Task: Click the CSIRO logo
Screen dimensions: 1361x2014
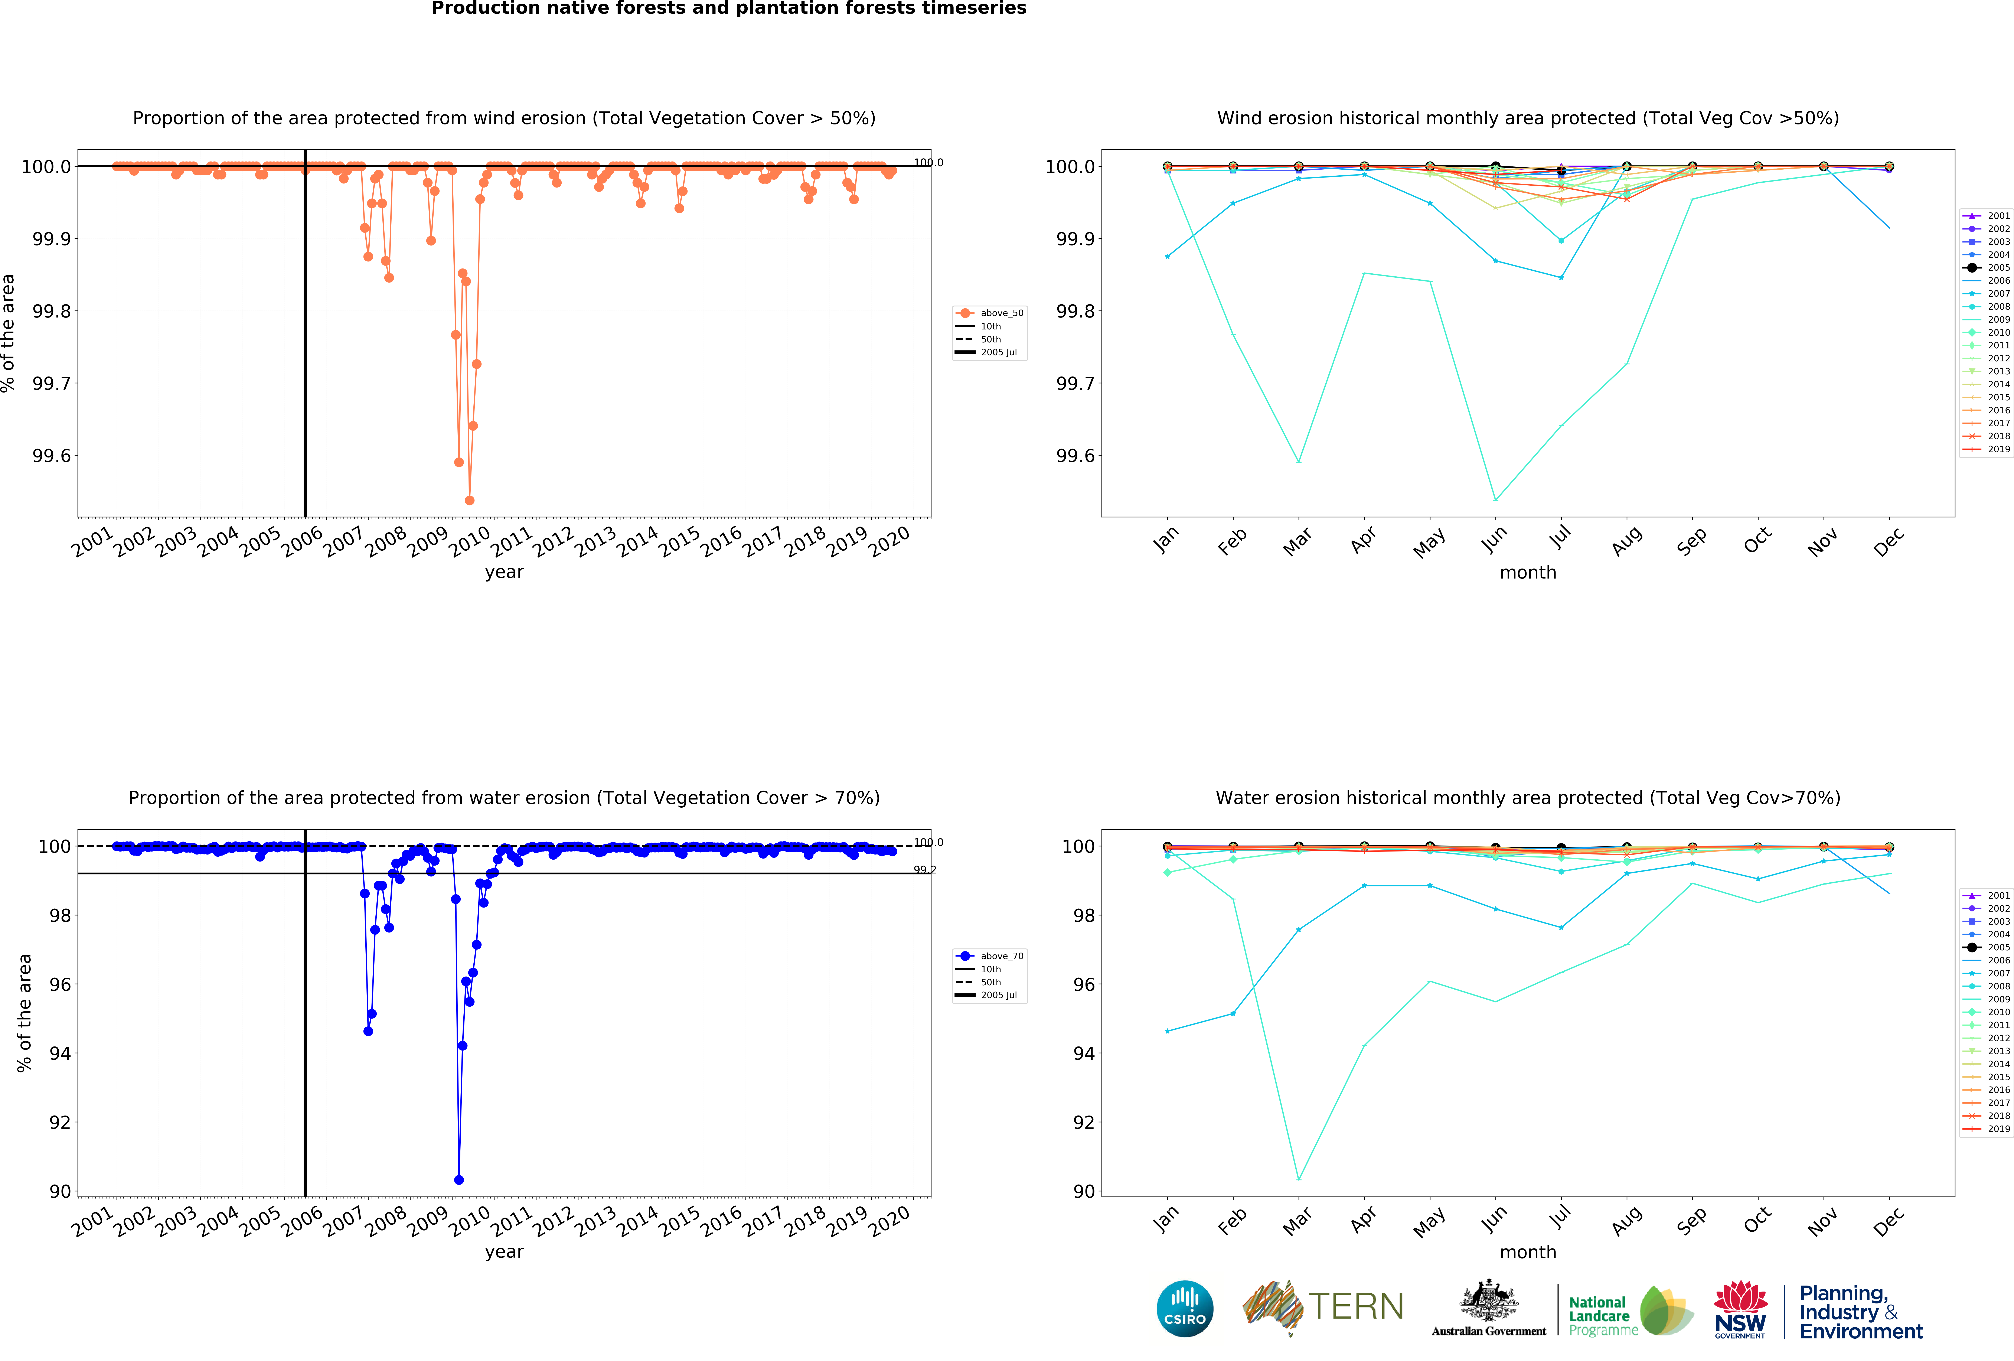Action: (x=1185, y=1308)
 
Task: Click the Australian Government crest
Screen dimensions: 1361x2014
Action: (x=1488, y=1300)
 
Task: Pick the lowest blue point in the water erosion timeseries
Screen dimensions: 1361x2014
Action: (x=458, y=1180)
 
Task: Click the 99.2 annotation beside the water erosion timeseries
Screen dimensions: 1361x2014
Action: (x=925, y=869)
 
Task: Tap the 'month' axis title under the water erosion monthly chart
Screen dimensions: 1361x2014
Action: (x=1528, y=1252)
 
